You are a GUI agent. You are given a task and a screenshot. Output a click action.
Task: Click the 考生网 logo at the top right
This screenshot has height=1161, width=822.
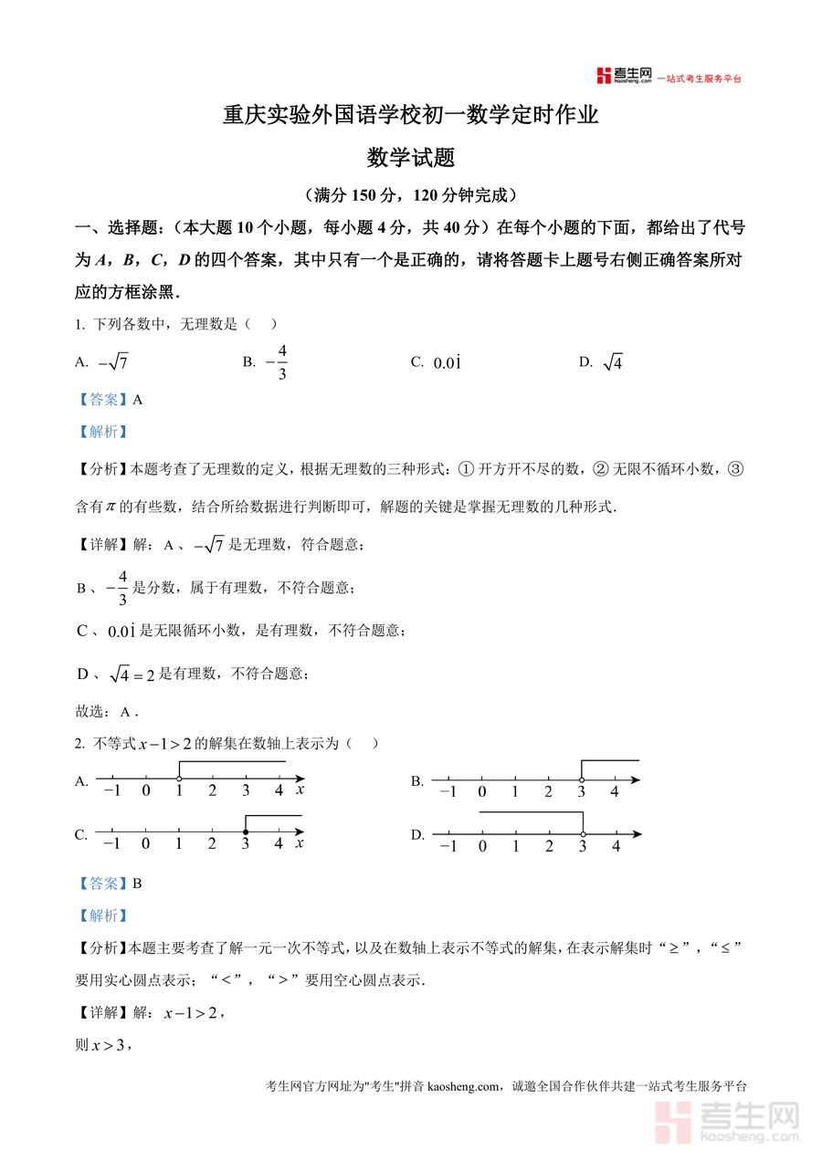click(624, 76)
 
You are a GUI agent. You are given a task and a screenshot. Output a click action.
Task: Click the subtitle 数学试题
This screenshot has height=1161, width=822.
click(411, 158)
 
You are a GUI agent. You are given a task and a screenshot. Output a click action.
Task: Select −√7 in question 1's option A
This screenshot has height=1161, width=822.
click(113, 362)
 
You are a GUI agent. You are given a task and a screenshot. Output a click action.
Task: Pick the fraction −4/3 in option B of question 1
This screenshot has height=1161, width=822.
click(278, 362)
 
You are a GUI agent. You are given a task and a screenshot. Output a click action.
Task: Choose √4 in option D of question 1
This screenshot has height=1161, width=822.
click(613, 362)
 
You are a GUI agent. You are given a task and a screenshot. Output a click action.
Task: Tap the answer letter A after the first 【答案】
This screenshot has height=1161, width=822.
click(138, 399)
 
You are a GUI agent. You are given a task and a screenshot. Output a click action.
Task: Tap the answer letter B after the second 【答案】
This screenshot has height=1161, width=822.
click(138, 884)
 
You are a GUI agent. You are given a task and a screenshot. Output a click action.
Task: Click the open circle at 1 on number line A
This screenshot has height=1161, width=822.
click(179, 778)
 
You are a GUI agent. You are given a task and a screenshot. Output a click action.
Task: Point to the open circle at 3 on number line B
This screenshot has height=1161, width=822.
click(582, 779)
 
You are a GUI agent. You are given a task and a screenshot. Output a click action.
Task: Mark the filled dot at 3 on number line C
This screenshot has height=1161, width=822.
click(246, 832)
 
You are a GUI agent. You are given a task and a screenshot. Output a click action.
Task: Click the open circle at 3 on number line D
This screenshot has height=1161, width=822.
click(583, 833)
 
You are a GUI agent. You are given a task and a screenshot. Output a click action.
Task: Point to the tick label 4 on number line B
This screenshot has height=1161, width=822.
click(615, 792)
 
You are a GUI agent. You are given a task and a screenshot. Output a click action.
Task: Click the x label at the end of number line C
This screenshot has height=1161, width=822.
click(300, 843)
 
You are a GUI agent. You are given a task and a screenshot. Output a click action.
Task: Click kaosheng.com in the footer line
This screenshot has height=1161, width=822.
click(465, 1086)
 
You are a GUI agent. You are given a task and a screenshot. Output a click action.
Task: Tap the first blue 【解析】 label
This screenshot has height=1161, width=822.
click(101, 432)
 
